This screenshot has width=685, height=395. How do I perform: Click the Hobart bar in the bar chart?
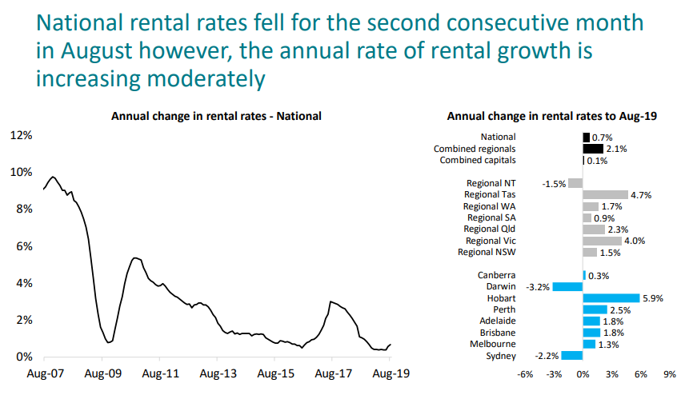[x=611, y=298]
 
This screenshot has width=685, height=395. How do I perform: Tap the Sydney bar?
[x=572, y=356]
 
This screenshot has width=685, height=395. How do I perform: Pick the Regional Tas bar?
[x=605, y=194]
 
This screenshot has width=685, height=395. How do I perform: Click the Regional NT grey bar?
[x=575, y=183]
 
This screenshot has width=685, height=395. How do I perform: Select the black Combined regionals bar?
[x=593, y=149]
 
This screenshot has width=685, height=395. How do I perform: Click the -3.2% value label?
[x=538, y=286]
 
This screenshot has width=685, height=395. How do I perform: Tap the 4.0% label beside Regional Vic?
[x=634, y=241]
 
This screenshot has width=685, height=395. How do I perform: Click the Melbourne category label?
[x=494, y=344]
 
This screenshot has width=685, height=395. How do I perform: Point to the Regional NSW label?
[x=487, y=252]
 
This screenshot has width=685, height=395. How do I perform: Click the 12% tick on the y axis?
[x=21, y=135]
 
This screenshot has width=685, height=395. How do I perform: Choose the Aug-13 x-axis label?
[x=218, y=374]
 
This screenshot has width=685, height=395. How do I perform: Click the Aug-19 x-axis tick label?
[x=388, y=374]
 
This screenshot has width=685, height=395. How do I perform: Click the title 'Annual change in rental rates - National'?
[x=216, y=116]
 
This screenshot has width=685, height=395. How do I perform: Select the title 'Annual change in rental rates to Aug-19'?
[x=551, y=116]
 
